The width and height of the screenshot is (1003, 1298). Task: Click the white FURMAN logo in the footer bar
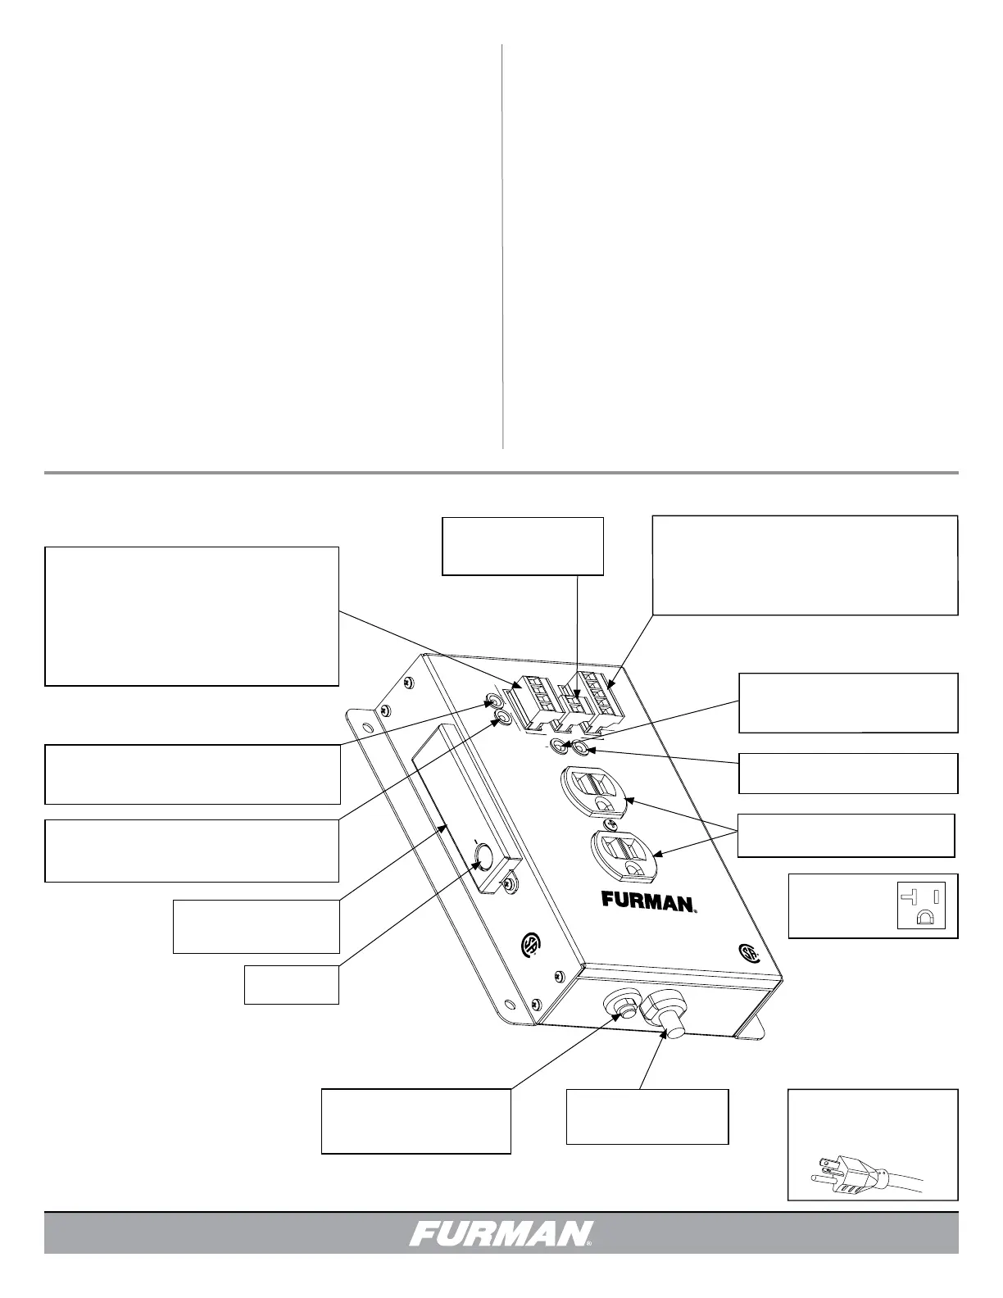tap(501, 1233)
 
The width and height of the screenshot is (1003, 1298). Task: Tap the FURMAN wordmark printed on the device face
tap(649, 901)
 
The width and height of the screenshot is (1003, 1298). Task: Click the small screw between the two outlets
tap(608, 824)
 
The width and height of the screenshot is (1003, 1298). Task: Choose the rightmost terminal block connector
tap(605, 698)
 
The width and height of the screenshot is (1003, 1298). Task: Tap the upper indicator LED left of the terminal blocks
tap(493, 701)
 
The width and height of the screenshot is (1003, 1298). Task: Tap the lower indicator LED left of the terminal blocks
tap(502, 718)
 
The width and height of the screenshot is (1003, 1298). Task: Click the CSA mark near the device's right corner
tap(748, 952)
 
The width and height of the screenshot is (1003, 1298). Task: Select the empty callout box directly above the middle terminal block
tap(523, 546)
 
